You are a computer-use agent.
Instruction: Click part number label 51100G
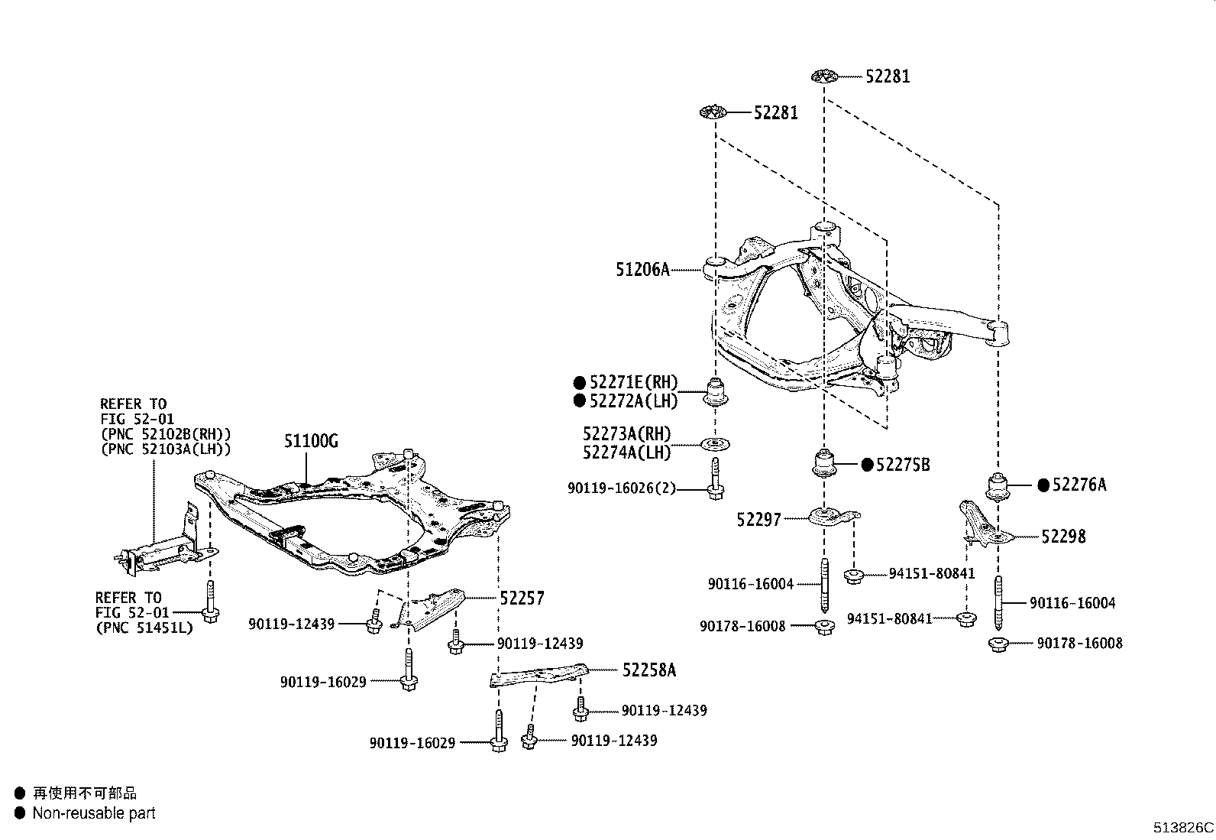pyautogui.click(x=311, y=441)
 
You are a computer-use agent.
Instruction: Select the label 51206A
pyautogui.click(x=642, y=269)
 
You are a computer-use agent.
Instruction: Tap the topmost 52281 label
pyautogui.click(x=888, y=76)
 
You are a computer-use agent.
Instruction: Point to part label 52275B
pyautogui.click(x=903, y=465)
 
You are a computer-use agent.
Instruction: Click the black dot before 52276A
pyautogui.click(x=1043, y=485)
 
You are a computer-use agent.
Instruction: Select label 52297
pyautogui.click(x=758, y=520)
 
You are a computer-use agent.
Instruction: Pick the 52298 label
pyautogui.click(x=1063, y=537)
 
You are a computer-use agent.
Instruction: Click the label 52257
pyautogui.click(x=522, y=598)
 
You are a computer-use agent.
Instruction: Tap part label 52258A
pyautogui.click(x=649, y=670)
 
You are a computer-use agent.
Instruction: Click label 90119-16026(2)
pyautogui.click(x=622, y=488)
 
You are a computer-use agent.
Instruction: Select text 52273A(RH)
pyautogui.click(x=626, y=435)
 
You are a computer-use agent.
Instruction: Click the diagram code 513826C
pyautogui.click(x=1183, y=828)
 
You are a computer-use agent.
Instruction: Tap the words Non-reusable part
pyautogui.click(x=93, y=813)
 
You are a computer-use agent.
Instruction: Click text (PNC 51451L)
pyautogui.click(x=144, y=628)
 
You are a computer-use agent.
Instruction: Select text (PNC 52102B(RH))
pyautogui.click(x=165, y=434)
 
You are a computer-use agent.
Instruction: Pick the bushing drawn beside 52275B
pyautogui.click(x=823, y=463)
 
